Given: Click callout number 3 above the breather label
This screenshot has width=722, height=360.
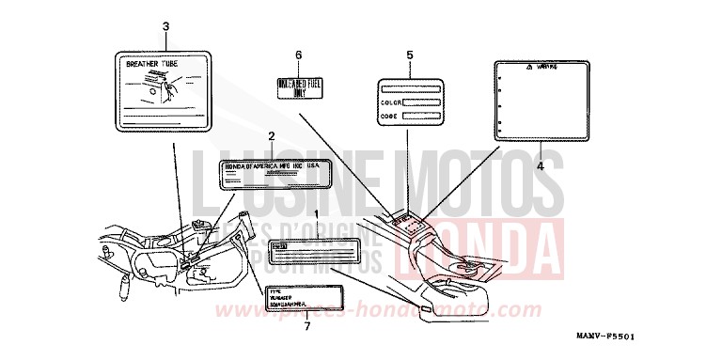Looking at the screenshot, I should [x=166, y=26].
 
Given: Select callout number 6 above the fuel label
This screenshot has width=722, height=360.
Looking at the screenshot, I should [x=298, y=55].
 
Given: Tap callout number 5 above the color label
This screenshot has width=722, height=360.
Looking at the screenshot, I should [x=410, y=55].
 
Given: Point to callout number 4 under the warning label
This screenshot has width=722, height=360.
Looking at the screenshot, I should [x=541, y=165].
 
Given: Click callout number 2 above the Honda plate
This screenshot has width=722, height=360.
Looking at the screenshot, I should [x=271, y=137].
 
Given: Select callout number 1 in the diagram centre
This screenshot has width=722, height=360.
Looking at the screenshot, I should [x=316, y=215].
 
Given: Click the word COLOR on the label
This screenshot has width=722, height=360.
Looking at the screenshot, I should [x=391, y=101].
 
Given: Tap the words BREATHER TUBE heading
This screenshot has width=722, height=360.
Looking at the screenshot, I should [x=152, y=65].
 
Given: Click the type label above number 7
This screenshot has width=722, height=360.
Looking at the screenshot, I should [x=300, y=298].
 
